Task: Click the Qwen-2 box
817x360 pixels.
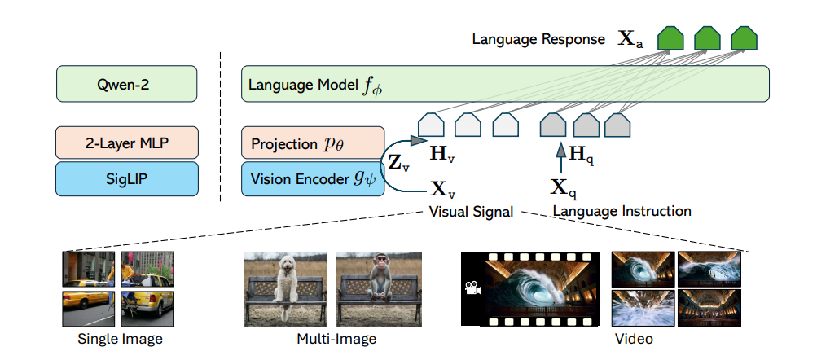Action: pos(127,83)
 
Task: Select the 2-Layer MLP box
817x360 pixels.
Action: pos(127,143)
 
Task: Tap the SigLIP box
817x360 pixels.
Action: pos(127,178)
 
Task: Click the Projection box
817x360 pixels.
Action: pos(312,143)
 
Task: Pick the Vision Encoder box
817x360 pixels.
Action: pos(312,178)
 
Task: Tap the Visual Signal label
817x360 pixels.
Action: pos(471,212)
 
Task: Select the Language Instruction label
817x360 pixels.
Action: pos(622,211)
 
